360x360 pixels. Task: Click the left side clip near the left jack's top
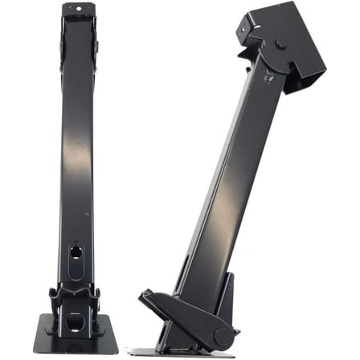pos(59,40)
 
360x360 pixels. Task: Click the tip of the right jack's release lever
pos(145,297)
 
